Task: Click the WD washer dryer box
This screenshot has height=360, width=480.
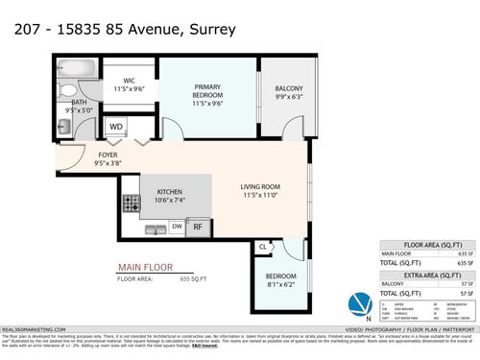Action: tap(116, 126)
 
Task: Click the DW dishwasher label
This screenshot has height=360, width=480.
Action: tap(177, 227)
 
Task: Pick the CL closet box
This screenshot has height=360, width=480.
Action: tap(262, 247)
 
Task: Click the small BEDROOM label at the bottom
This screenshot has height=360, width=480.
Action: tap(281, 279)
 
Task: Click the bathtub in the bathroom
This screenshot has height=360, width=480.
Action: tap(73, 68)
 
